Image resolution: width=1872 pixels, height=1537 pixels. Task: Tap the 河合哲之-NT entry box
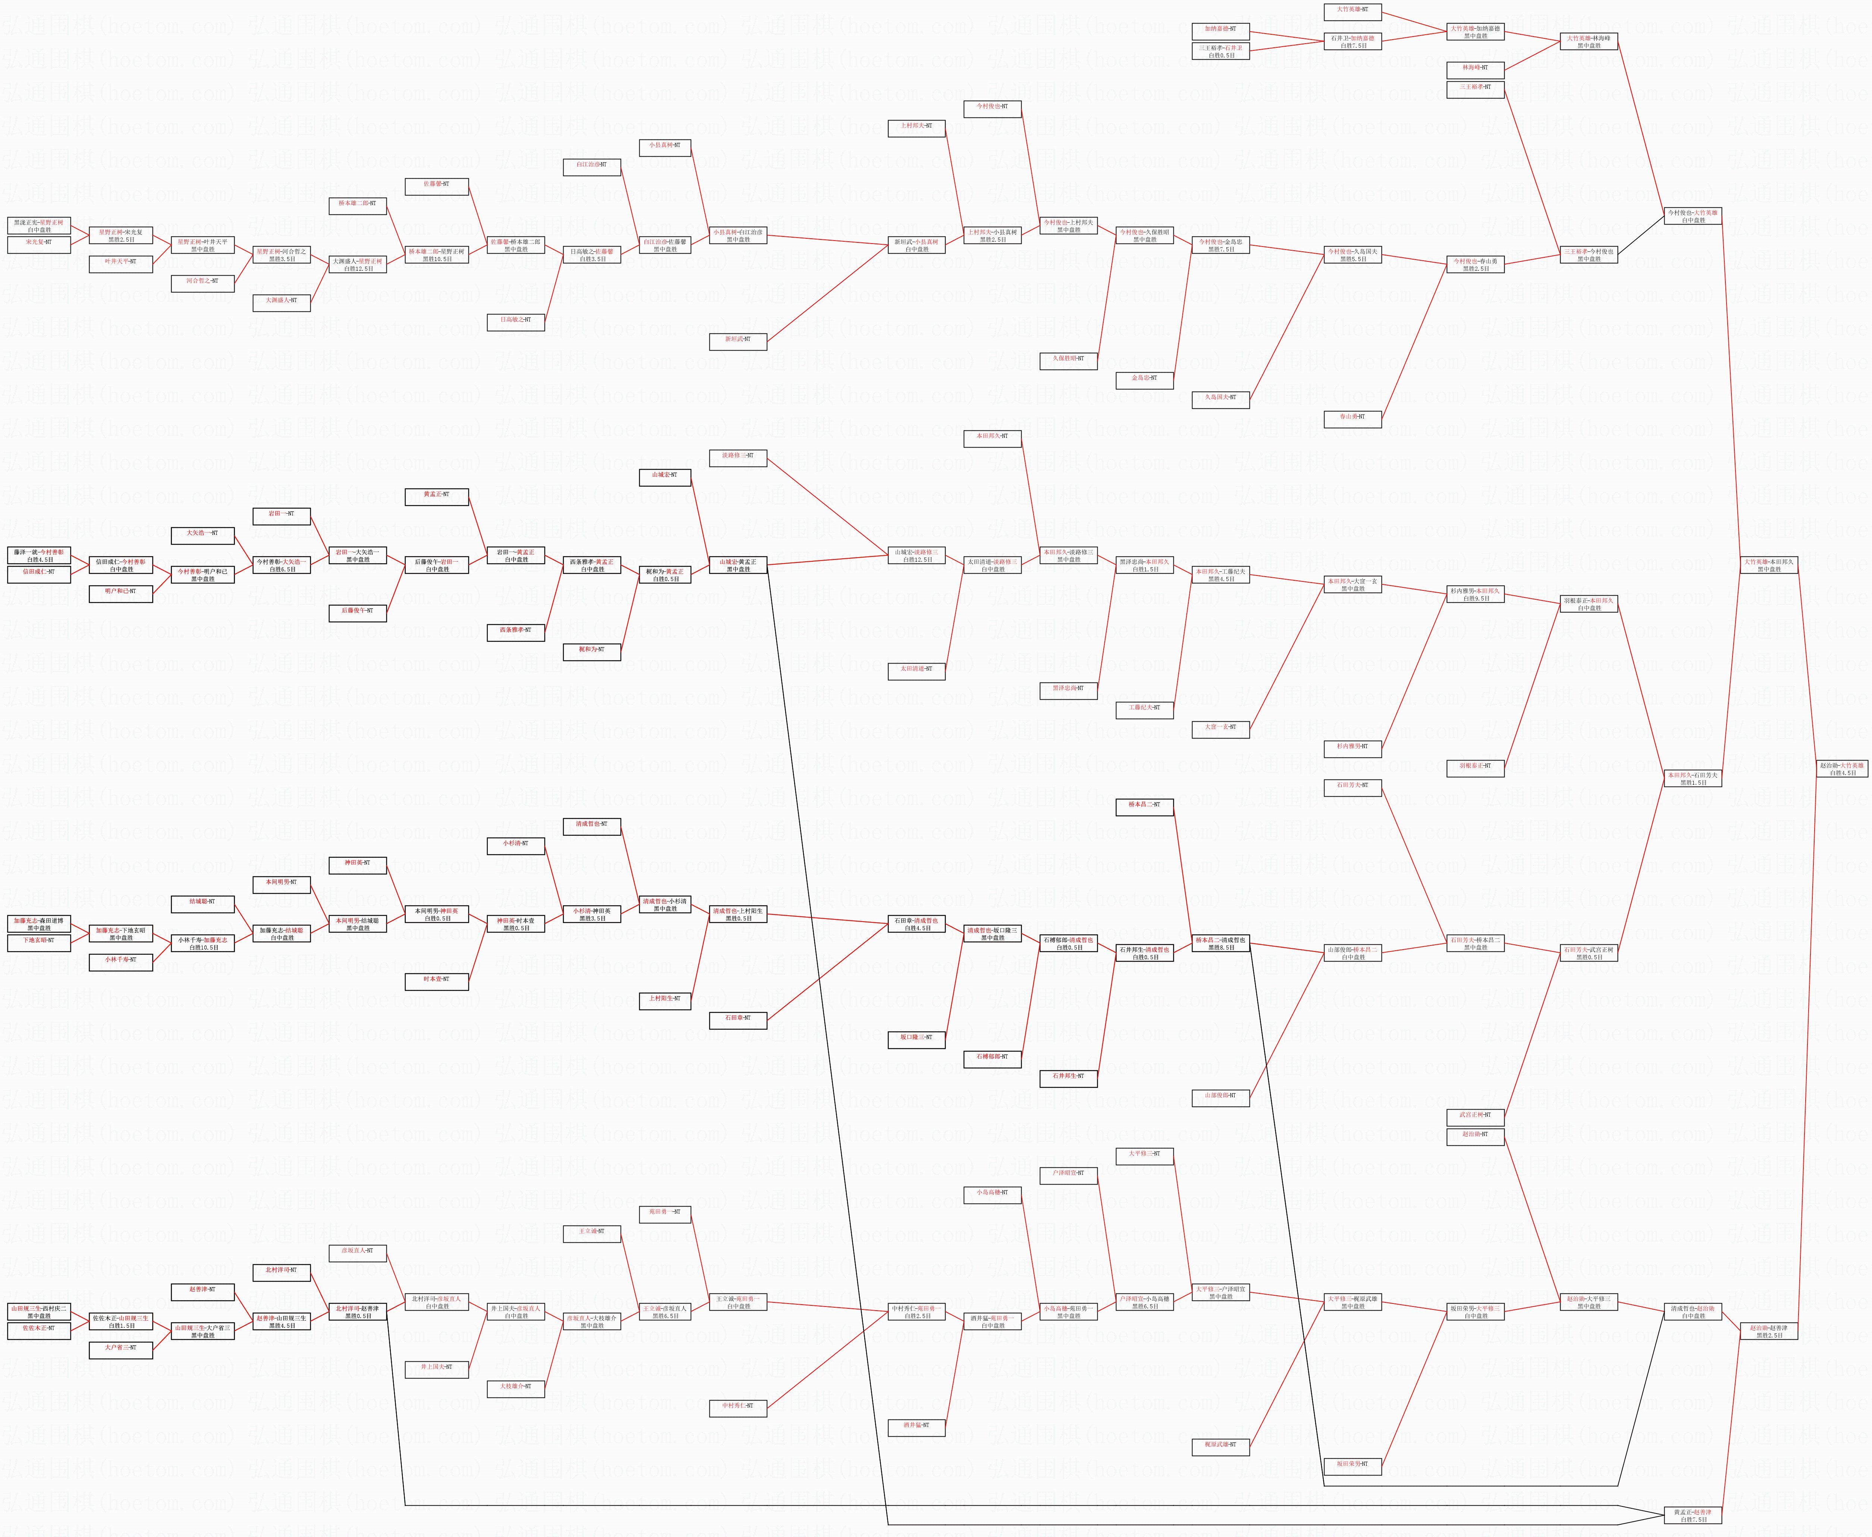(x=203, y=282)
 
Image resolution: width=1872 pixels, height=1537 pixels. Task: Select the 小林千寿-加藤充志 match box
(x=203, y=944)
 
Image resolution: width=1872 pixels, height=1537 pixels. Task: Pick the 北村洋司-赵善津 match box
(x=358, y=1312)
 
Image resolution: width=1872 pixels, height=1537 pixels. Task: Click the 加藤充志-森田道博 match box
(x=39, y=924)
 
